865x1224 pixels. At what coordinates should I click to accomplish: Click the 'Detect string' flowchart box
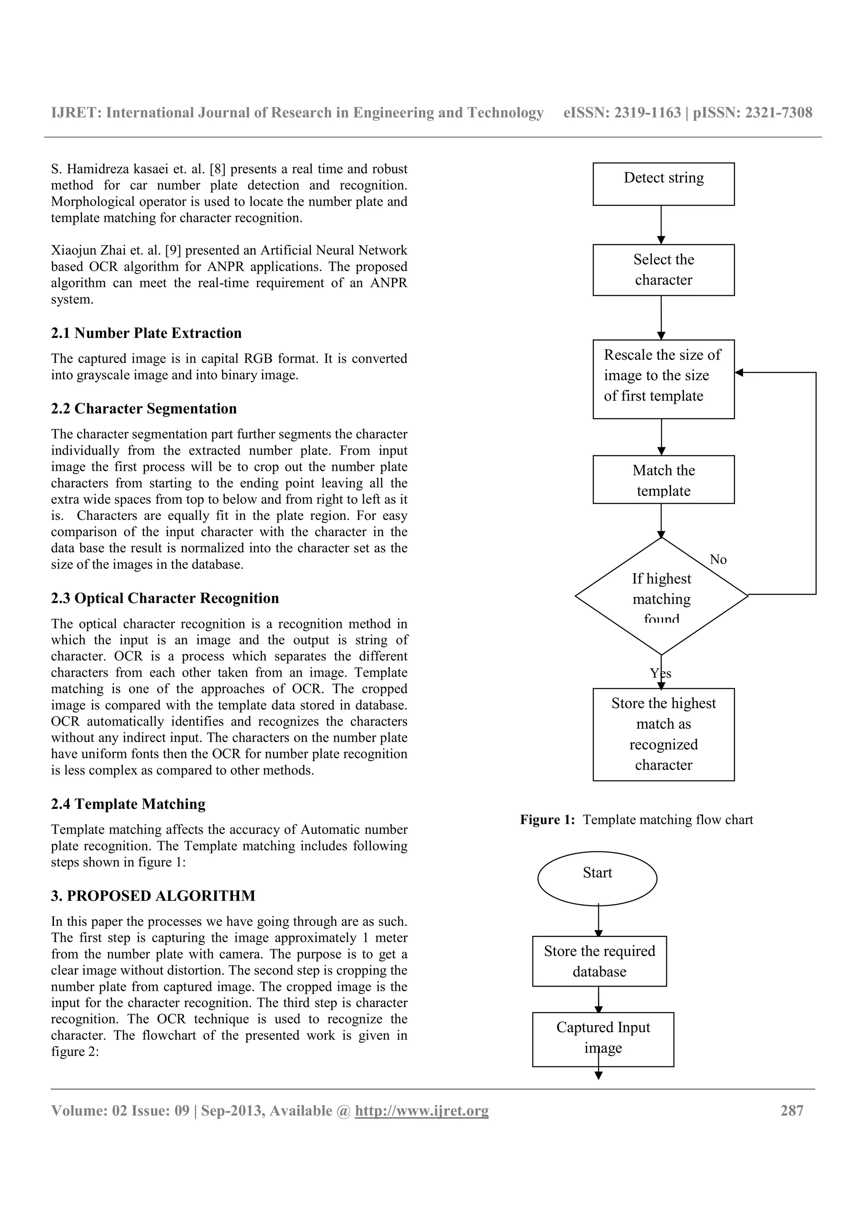(x=663, y=184)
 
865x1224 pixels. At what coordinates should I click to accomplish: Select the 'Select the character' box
(x=663, y=270)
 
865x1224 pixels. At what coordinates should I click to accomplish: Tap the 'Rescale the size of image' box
(x=663, y=378)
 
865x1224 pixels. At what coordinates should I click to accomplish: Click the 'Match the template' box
(x=663, y=479)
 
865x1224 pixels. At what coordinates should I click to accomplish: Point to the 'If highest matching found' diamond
(x=661, y=596)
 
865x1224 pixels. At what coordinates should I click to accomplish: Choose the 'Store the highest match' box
(x=663, y=734)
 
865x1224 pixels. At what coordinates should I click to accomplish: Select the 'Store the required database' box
(x=599, y=961)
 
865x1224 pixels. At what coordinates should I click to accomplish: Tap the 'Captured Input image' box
(x=603, y=1039)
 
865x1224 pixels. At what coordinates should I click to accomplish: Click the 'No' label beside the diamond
(x=718, y=559)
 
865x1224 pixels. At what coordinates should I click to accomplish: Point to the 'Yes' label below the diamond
(x=660, y=673)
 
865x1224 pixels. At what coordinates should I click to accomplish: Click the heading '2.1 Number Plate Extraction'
(x=146, y=333)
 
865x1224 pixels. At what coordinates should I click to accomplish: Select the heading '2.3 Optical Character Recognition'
(x=165, y=598)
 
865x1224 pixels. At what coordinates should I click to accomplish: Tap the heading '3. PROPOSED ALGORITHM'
(x=153, y=895)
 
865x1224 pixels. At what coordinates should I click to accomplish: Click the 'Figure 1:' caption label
(x=547, y=819)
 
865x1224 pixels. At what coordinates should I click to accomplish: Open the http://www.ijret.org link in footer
(x=422, y=1110)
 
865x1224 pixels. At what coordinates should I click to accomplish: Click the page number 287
(x=792, y=1110)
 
